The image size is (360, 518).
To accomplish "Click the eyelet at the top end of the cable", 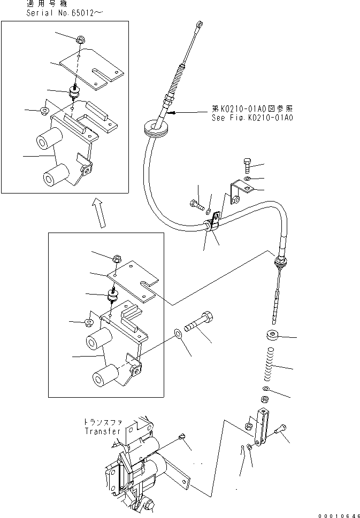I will pos(199,24).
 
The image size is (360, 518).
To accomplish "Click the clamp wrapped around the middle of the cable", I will pos(213,223).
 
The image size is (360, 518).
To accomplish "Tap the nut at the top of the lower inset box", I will pos(117,259).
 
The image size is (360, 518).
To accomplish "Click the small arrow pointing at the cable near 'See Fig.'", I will pos(172,113).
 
